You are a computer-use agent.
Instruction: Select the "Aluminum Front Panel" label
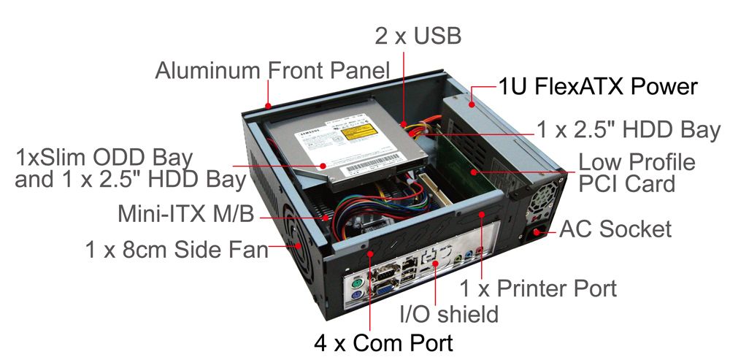[272, 71]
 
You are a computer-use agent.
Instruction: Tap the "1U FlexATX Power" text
[598, 87]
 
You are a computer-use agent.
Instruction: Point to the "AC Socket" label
[615, 229]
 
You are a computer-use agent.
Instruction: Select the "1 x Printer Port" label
[539, 287]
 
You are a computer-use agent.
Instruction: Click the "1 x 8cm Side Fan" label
[176, 250]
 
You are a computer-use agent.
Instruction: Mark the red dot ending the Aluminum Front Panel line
[269, 103]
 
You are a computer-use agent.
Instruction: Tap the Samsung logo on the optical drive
[307, 137]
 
